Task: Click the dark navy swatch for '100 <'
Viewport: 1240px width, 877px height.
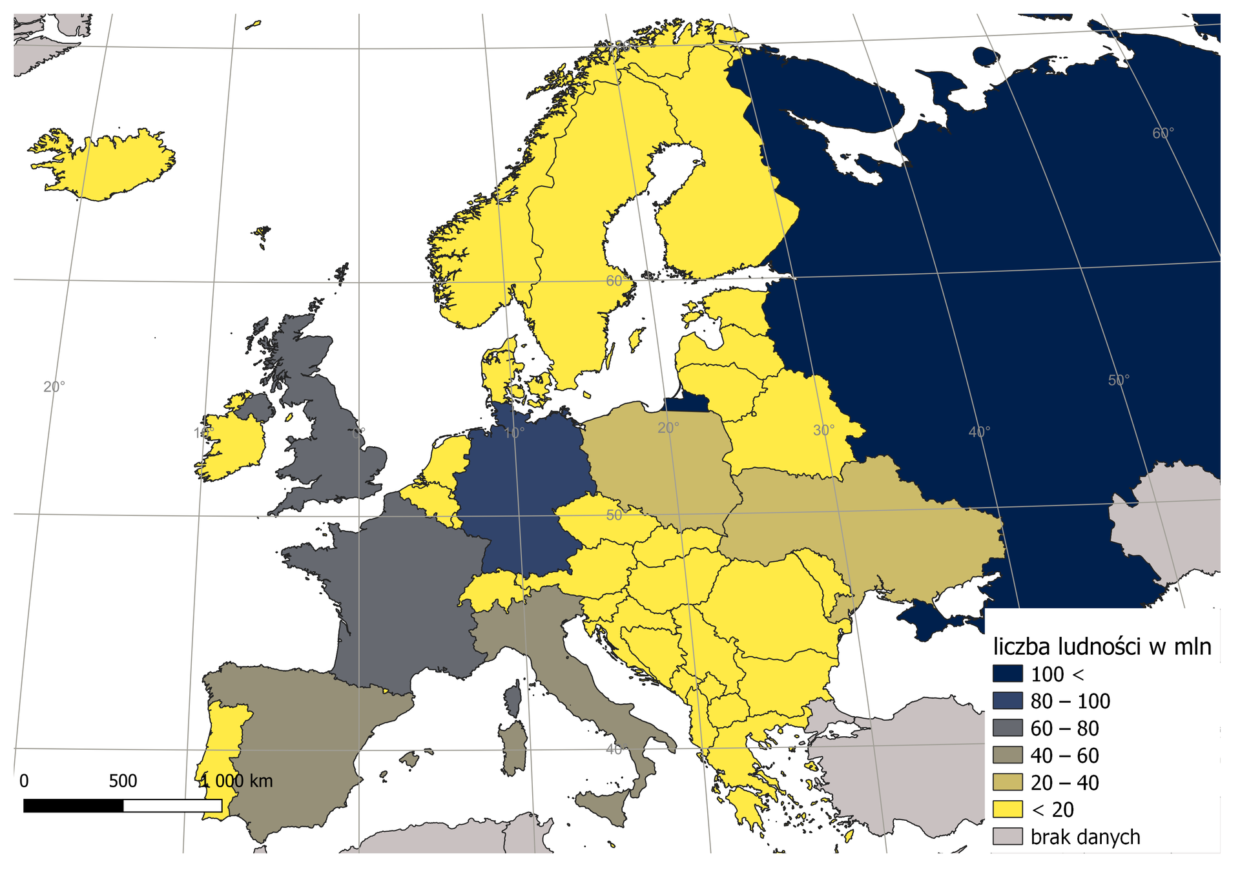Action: tap(1008, 674)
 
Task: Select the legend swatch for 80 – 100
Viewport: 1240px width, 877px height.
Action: tap(1008, 701)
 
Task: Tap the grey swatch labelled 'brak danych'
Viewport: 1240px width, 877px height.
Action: tap(1008, 837)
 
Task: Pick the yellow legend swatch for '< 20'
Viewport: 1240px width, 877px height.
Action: tap(1008, 810)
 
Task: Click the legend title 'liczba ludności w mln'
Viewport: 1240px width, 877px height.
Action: tap(1102, 646)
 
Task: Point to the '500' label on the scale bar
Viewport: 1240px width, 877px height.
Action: tap(123, 781)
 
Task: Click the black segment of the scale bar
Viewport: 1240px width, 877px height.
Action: tap(73, 806)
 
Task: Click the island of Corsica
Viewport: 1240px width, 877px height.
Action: tap(513, 701)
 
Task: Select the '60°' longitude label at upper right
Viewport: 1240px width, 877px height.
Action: tap(1162, 133)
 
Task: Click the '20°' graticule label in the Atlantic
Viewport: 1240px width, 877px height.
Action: tap(54, 387)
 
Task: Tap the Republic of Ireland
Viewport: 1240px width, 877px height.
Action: tap(232, 446)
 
